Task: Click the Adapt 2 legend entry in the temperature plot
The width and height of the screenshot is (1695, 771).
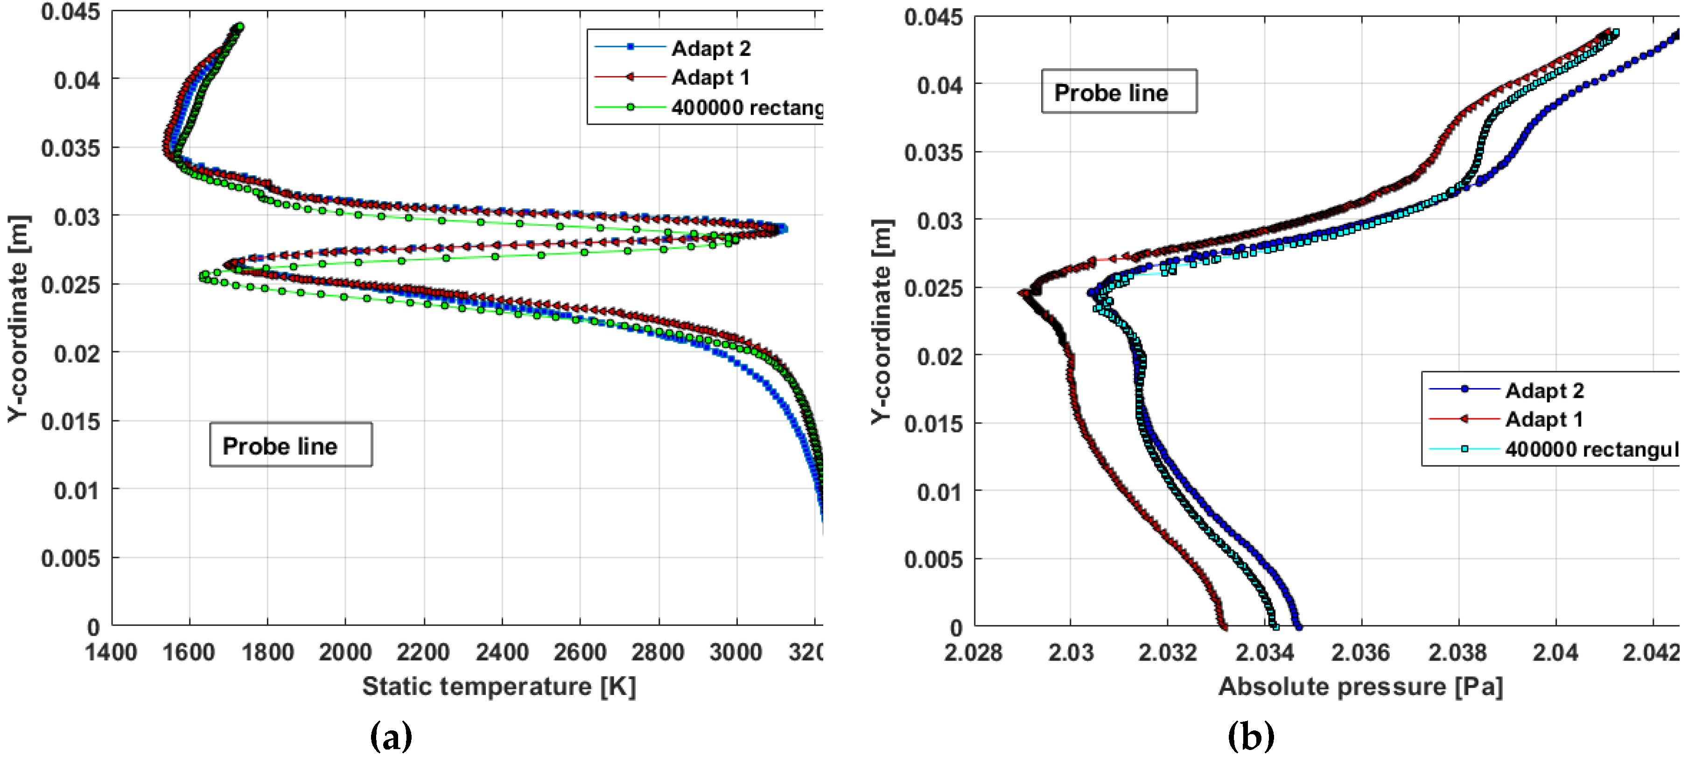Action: pos(710,48)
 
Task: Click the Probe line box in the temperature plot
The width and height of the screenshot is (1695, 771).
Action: pos(290,445)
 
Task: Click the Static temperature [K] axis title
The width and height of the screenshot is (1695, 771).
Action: pos(499,686)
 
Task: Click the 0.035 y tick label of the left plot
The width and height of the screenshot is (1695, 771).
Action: pos(70,148)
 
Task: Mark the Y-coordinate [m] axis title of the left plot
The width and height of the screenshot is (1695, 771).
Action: pos(18,319)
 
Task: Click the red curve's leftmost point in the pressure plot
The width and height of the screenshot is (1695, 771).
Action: pos(1022,293)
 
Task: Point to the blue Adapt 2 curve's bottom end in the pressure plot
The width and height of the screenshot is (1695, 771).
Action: pos(1297,626)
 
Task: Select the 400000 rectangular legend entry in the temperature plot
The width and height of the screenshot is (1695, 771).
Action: pos(746,107)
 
